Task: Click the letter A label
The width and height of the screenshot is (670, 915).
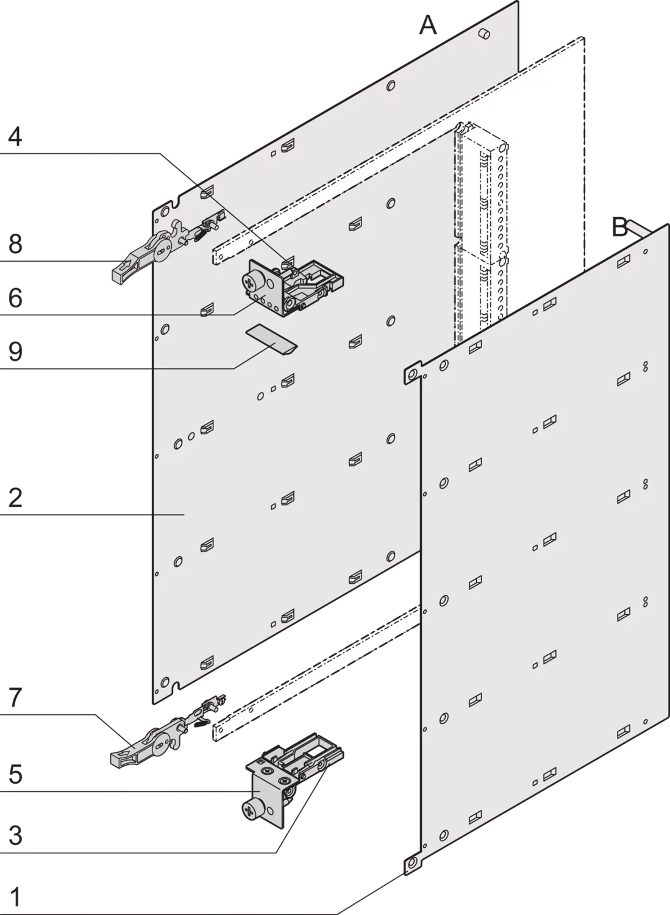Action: pos(428,26)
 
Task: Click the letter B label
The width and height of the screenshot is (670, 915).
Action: pos(620,227)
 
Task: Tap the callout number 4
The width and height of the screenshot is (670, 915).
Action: pos(15,137)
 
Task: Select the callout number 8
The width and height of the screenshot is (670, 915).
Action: pos(15,244)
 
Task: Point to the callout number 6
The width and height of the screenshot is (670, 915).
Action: pos(15,298)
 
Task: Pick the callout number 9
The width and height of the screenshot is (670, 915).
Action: pos(15,351)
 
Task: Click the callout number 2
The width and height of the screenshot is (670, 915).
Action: pos(15,498)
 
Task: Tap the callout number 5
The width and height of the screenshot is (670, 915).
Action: pos(15,774)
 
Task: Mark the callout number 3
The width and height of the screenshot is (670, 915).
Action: pos(15,836)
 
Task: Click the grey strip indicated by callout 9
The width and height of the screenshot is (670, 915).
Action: pos(271,340)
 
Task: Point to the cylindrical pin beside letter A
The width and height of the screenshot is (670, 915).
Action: pos(485,34)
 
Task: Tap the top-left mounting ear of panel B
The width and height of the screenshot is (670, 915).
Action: pos(412,373)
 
